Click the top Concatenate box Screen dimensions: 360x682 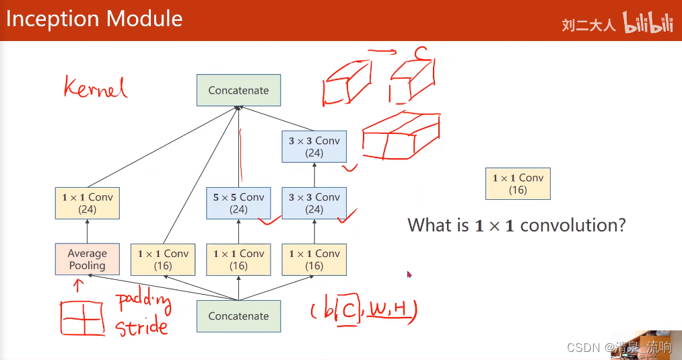click(x=238, y=90)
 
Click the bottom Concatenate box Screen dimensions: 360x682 click(x=238, y=316)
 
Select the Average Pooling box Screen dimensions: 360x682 click(x=87, y=260)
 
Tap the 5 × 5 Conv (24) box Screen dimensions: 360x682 click(x=238, y=203)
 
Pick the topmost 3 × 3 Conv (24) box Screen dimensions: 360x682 click(x=314, y=147)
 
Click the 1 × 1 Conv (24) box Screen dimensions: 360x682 click(x=87, y=203)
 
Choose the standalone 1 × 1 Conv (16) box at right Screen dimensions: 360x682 click(x=518, y=184)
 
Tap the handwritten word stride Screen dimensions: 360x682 click(x=141, y=328)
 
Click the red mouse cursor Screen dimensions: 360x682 click(x=409, y=274)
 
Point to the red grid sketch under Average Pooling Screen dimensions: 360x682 click(x=81, y=318)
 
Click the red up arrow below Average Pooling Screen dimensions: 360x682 click(x=78, y=285)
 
